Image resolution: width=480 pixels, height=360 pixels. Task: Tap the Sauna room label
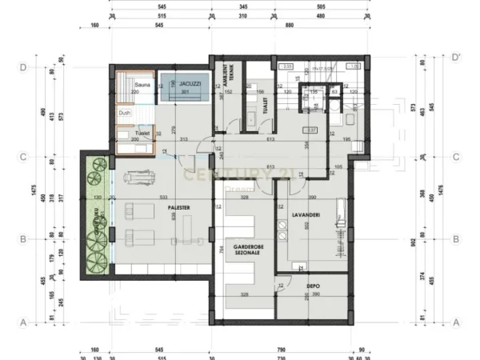pos(144,84)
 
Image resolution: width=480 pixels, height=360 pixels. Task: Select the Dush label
pos(124,113)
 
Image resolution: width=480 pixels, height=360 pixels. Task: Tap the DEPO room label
pos(314,285)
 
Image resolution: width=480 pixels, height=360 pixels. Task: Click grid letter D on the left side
pos(25,68)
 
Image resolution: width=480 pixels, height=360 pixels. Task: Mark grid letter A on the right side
pos(455,322)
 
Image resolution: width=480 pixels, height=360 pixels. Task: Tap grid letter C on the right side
pos(455,157)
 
